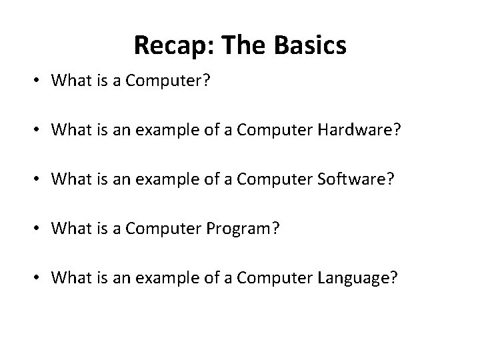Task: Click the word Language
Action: tap(357, 278)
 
